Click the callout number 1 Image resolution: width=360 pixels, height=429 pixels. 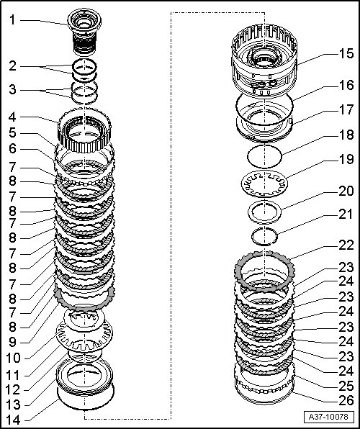[x=12, y=20]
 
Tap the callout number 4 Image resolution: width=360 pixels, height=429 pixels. [x=12, y=117]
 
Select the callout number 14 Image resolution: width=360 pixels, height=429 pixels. [x=14, y=420]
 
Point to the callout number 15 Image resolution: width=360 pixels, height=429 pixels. [x=346, y=53]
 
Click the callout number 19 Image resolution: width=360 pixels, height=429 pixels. [x=346, y=160]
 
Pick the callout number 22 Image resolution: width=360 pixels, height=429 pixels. [x=346, y=245]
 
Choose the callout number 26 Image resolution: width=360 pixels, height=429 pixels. [x=346, y=400]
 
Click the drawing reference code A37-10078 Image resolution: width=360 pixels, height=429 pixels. [x=328, y=417]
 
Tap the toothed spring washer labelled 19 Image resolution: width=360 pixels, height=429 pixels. [x=264, y=184]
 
